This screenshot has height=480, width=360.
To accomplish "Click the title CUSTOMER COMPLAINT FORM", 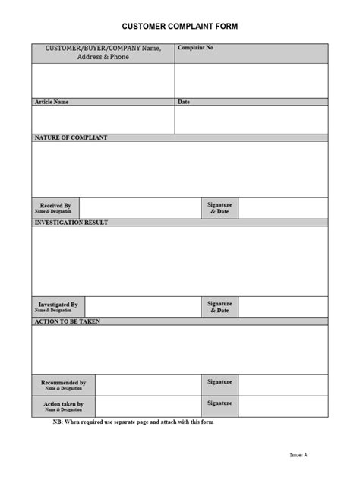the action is [x=180, y=27].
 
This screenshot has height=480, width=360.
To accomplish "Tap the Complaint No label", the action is [x=195, y=48].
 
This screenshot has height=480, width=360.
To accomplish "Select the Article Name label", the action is [x=52, y=102].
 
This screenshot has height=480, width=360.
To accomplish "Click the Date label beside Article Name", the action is [x=184, y=102].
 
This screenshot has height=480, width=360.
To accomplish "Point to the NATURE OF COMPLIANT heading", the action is [x=71, y=138].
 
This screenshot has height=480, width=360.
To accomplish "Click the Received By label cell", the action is [x=55, y=208].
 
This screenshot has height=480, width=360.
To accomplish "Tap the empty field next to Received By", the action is [x=140, y=208].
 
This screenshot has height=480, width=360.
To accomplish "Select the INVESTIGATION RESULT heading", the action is [x=71, y=223].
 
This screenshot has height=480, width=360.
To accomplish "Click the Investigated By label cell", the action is [x=58, y=307].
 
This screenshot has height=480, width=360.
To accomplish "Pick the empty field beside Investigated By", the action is [x=143, y=307].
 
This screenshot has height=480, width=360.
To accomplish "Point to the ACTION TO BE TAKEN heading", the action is [x=68, y=322].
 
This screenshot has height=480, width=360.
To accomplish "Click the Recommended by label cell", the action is [x=63, y=385].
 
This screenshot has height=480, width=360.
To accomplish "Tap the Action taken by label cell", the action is [x=63, y=406].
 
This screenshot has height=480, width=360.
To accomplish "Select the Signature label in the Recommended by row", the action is [x=219, y=381].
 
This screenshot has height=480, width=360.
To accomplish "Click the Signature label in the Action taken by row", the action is [x=219, y=403].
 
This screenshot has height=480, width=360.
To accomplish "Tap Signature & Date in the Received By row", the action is [x=219, y=208].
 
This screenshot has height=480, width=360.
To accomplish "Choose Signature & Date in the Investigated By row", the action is [x=219, y=307].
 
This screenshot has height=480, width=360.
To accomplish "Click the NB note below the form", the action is [x=133, y=422].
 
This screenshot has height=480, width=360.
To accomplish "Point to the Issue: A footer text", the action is [x=298, y=455].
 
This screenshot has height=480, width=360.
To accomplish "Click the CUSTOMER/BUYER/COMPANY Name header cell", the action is [x=103, y=52].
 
